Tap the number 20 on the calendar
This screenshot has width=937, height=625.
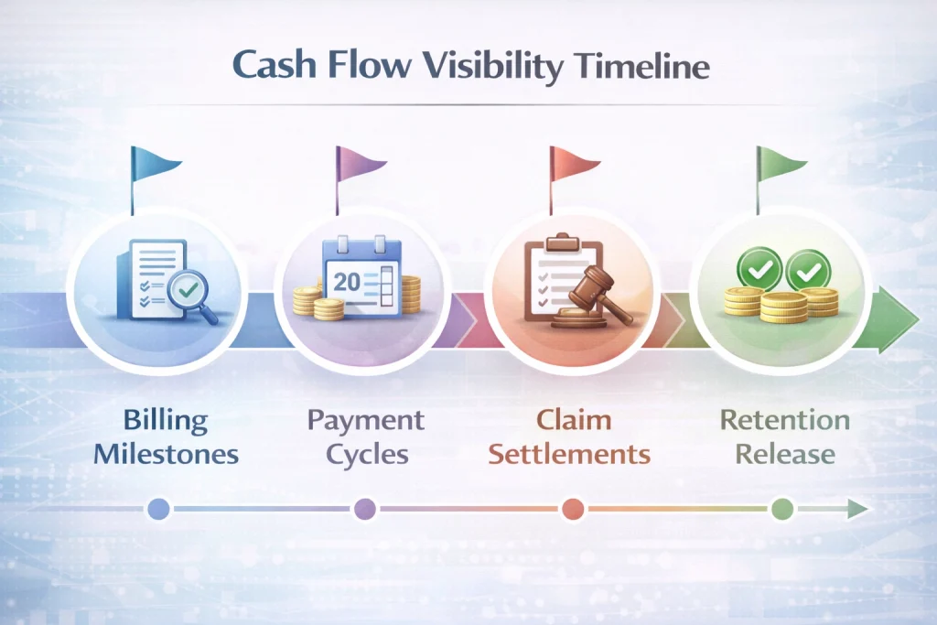(x=347, y=282)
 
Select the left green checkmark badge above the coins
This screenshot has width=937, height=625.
(x=759, y=269)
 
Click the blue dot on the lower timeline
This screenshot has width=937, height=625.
(x=158, y=509)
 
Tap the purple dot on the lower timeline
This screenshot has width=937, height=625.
(x=365, y=509)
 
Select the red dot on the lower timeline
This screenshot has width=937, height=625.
(x=573, y=509)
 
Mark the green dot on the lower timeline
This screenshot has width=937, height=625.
(x=782, y=509)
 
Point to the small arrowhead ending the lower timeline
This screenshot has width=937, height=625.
(x=858, y=509)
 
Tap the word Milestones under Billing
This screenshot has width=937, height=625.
(x=167, y=454)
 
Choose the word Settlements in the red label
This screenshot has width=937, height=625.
(x=569, y=454)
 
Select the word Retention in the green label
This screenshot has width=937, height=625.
(x=784, y=419)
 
